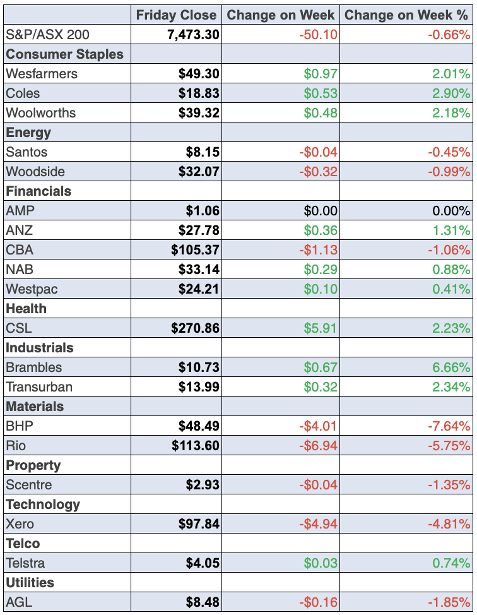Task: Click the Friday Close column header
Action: coord(176,15)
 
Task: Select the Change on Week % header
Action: coord(407,15)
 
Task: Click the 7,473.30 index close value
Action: coord(193,34)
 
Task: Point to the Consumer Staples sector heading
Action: coord(64,54)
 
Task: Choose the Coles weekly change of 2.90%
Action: coord(451,93)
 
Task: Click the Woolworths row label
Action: coord(40,113)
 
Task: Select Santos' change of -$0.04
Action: coord(319,152)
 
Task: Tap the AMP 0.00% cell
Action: coord(451,211)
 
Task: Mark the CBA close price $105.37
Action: coord(195,250)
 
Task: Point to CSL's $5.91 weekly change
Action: coord(321,328)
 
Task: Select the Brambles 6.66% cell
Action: coord(451,367)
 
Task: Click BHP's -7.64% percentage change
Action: coord(449,426)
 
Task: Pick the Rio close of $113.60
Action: coord(195,446)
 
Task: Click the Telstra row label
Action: coord(25,563)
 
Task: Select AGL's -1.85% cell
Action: coord(449,602)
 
